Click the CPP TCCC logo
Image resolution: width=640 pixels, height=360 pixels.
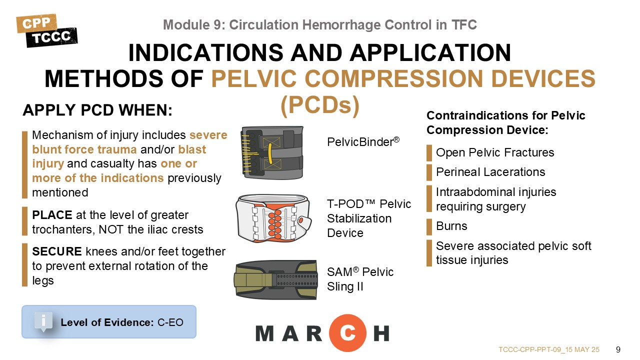(x=47, y=30)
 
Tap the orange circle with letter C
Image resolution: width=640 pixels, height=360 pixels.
(x=347, y=333)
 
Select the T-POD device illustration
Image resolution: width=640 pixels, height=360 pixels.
(x=273, y=218)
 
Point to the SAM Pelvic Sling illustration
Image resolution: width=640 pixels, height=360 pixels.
(x=275, y=279)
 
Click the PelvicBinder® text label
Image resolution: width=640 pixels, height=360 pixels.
(x=363, y=141)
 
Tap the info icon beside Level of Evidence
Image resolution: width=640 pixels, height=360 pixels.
(x=43, y=321)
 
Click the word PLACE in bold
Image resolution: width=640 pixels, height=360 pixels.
(x=52, y=215)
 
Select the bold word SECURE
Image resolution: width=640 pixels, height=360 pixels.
(x=57, y=251)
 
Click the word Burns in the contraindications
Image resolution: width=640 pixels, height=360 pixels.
(x=451, y=226)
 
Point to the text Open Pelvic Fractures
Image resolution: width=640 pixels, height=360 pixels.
(x=495, y=152)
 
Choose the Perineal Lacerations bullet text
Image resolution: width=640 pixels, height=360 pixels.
(x=490, y=172)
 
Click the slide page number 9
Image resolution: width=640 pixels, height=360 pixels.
(x=618, y=349)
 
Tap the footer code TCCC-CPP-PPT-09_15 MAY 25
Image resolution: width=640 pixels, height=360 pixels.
(x=549, y=349)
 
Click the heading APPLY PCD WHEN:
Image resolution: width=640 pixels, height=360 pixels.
(x=97, y=110)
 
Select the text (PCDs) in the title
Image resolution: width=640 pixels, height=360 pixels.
(x=320, y=105)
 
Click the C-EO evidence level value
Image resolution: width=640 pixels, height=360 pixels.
(x=170, y=322)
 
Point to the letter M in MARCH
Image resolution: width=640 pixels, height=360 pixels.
(x=265, y=333)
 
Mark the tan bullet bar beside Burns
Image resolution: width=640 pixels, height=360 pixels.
(x=429, y=227)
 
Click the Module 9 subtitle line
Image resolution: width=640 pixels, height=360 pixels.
(x=320, y=24)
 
